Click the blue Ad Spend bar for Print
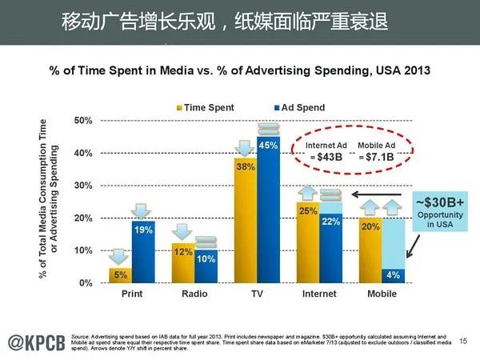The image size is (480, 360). click(x=143, y=252)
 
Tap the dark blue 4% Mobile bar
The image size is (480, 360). click(x=393, y=276)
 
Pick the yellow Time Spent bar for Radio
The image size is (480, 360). click(x=182, y=263)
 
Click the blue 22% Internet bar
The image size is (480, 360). click(x=330, y=247)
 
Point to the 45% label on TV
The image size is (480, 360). click(x=268, y=146)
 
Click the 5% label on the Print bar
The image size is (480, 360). click(x=120, y=276)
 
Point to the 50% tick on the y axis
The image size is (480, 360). click(x=83, y=120)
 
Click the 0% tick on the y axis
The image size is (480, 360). click(x=86, y=283)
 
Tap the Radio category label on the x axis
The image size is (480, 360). click(x=194, y=294)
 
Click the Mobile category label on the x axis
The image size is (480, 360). click(x=381, y=294)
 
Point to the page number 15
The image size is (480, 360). click(x=463, y=342)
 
